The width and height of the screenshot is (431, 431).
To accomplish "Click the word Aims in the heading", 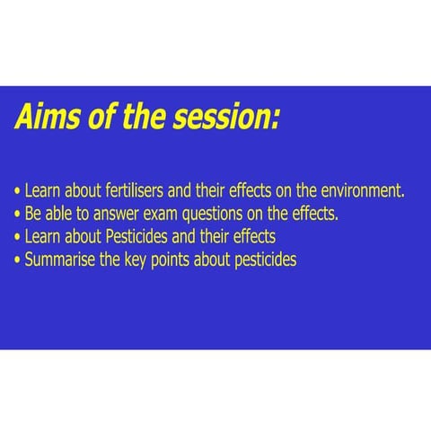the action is click(48, 116).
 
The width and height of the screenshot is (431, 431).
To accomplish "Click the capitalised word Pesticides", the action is click(136, 236).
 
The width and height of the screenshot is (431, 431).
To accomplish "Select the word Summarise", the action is click(59, 259).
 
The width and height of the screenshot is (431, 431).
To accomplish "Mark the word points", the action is click(170, 260).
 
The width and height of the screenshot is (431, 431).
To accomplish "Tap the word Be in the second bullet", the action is click(32, 214).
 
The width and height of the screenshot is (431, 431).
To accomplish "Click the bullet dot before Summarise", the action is click(18, 260).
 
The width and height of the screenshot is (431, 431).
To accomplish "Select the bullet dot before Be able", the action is click(18, 215).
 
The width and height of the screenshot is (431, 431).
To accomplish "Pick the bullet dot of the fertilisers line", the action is click(18, 190).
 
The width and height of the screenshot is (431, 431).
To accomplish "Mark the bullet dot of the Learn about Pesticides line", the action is click(18, 237).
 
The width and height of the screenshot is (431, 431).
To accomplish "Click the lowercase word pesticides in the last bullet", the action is click(266, 260).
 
